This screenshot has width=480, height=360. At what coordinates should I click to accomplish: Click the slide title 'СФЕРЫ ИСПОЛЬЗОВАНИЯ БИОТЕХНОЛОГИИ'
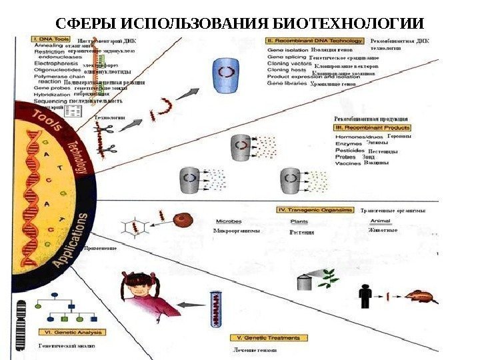point(239,23)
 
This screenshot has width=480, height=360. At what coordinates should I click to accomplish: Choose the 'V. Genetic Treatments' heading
point(263,339)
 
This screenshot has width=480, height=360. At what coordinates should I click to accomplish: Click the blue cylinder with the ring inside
point(227,75)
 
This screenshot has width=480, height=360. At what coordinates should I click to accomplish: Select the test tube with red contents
point(216,309)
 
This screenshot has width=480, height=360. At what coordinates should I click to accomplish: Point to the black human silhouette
point(365,294)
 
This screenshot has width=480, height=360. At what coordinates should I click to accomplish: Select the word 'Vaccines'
point(349,163)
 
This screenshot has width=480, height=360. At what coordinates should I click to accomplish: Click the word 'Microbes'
point(229,221)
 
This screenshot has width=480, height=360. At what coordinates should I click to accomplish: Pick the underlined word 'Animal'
point(380,221)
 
